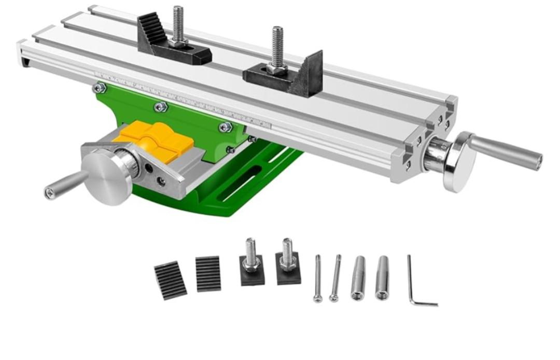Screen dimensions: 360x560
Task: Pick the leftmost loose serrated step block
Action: (x=170, y=280)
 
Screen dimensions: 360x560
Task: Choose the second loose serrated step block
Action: (x=208, y=273)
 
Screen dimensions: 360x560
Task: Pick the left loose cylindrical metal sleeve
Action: (x=358, y=278)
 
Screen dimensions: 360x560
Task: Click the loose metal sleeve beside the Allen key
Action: (x=382, y=278)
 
